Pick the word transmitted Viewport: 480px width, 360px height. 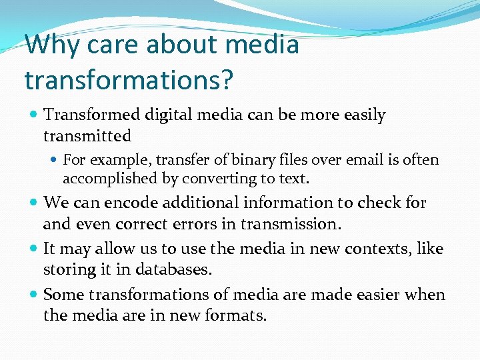point(87,136)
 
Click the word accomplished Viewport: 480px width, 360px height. point(104,179)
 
